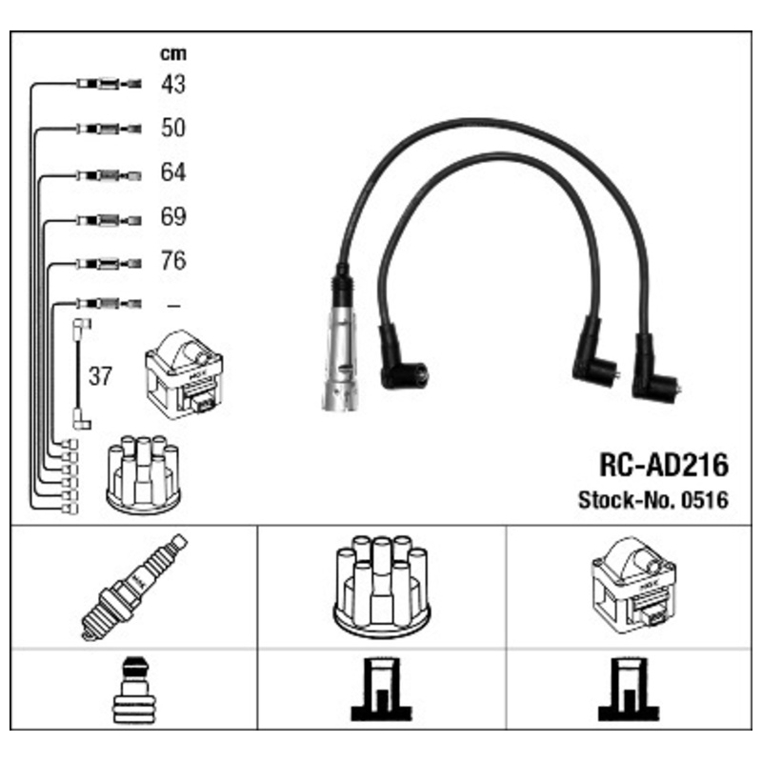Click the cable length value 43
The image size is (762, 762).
pyautogui.click(x=173, y=84)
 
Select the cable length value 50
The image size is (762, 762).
pyautogui.click(x=173, y=128)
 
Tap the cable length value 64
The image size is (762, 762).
pyautogui.click(x=173, y=172)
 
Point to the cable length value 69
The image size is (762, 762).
pyautogui.click(x=173, y=217)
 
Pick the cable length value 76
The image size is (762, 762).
pyautogui.click(x=173, y=260)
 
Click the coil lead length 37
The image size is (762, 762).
pyautogui.click(x=100, y=376)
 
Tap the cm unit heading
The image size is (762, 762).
pyautogui.click(x=173, y=53)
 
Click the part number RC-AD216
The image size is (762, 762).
pyautogui.click(x=664, y=465)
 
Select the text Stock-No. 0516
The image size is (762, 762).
pyautogui.click(x=653, y=500)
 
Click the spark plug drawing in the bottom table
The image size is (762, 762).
pyautogui.click(x=134, y=587)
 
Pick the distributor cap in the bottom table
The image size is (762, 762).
pyautogui.click(x=382, y=586)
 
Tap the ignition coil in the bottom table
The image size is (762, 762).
pyautogui.click(x=633, y=585)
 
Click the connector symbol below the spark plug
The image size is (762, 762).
pyautogui.click(x=134, y=690)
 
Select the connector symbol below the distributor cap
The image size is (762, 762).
pyautogui.click(x=382, y=690)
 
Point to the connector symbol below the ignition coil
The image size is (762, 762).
pyautogui.click(x=629, y=690)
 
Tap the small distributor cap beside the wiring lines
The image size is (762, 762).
pyautogui.click(x=144, y=475)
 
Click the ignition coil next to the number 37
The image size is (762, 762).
pyautogui.click(x=184, y=374)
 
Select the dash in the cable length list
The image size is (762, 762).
pyautogui.click(x=173, y=305)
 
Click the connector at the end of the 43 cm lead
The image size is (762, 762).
pyautogui.click(x=109, y=84)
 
